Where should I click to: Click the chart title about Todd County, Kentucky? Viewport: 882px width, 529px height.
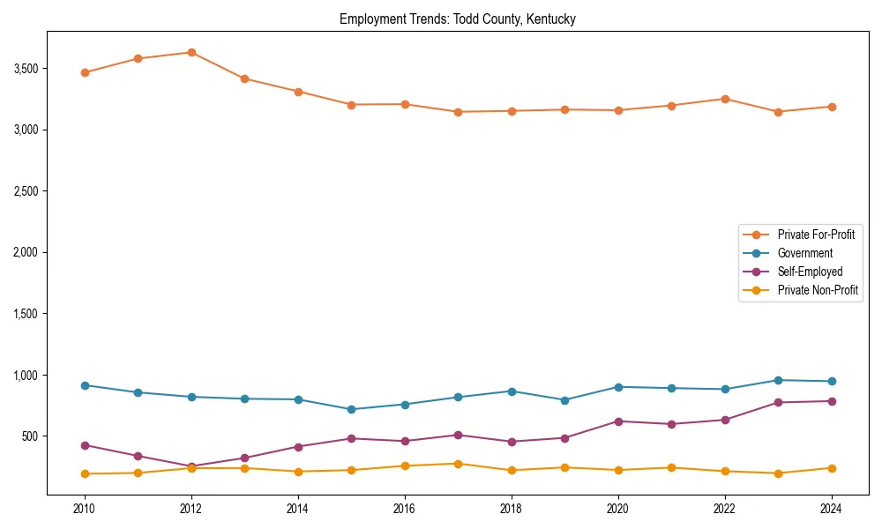click(x=457, y=19)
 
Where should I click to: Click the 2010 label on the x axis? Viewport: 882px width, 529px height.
click(x=85, y=509)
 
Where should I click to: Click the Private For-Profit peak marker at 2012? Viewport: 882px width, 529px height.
click(x=191, y=53)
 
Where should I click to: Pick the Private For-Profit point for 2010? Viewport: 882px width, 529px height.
click(x=85, y=72)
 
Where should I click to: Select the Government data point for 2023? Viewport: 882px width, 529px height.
click(x=778, y=380)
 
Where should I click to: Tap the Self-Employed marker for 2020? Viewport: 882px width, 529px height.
click(x=617, y=421)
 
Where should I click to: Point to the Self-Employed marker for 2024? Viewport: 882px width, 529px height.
click(x=831, y=401)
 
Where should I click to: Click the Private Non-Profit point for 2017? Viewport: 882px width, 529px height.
click(x=458, y=464)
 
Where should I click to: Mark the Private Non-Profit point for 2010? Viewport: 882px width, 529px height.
click(x=85, y=473)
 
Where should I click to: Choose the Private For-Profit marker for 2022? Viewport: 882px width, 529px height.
click(x=724, y=99)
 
